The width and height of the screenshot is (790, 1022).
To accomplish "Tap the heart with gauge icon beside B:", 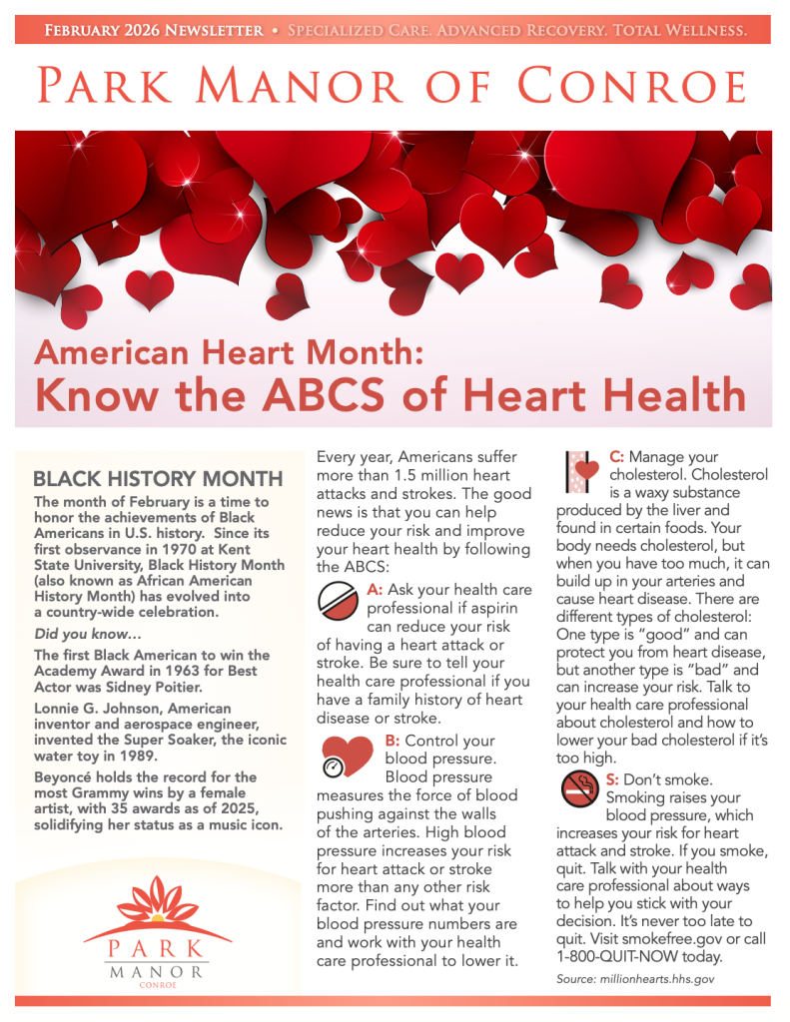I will pos(346,756).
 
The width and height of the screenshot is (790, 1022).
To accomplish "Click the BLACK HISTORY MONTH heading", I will pos(152,478).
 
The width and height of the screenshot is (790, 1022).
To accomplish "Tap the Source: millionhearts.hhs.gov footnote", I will pos(635,980).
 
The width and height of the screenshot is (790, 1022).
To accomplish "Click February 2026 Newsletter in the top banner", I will pos(154,30).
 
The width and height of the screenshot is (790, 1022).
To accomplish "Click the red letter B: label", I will pos(392,741).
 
